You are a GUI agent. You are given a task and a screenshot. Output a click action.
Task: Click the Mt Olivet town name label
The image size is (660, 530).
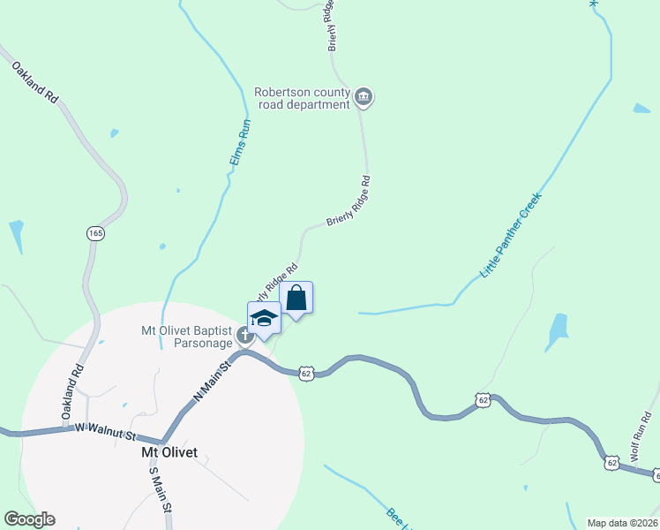click(x=175, y=452)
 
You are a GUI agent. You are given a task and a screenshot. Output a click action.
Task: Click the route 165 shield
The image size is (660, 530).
click(x=96, y=233)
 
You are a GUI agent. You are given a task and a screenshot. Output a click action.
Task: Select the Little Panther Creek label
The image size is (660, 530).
click(x=510, y=235)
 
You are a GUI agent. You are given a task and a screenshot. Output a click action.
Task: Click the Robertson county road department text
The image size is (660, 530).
click(x=304, y=98)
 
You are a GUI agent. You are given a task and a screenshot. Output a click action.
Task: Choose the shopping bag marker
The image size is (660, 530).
click(x=296, y=299)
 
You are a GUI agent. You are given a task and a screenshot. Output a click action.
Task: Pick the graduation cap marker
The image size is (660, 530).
click(x=264, y=318)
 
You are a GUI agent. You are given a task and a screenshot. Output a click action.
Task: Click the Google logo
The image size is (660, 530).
click(x=29, y=519)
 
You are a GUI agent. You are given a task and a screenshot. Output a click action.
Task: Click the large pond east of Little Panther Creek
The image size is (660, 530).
click(x=558, y=331)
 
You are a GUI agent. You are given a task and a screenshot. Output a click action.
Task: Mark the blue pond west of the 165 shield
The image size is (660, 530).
click(x=17, y=236)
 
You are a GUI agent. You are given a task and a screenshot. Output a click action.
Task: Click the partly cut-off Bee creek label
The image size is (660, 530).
click(x=397, y=518)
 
